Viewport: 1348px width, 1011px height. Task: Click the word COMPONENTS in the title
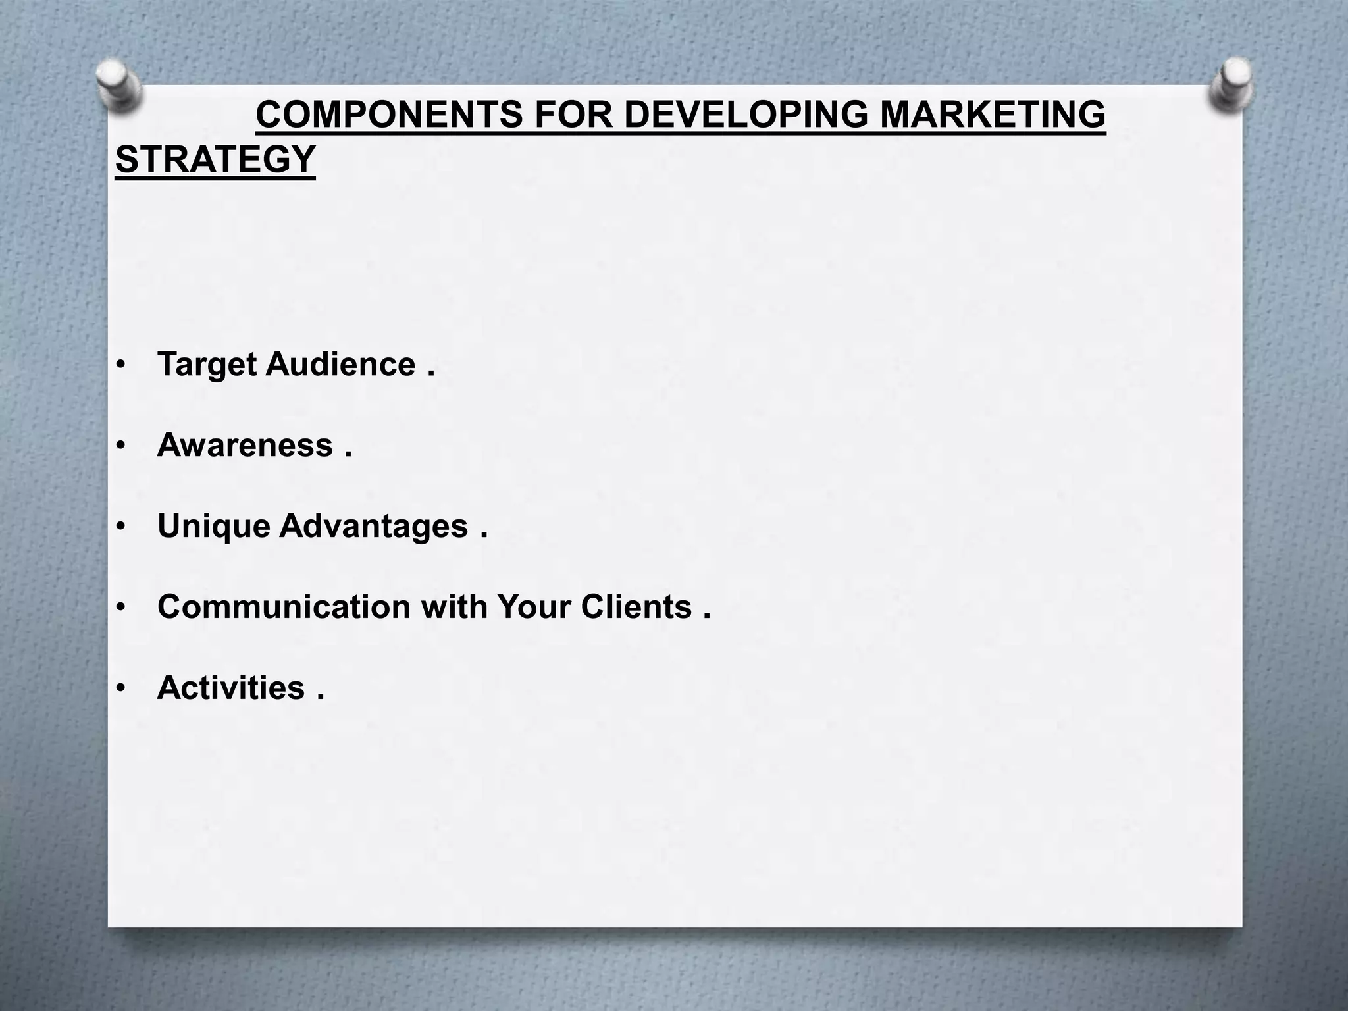coord(390,115)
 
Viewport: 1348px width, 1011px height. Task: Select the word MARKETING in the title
coord(993,115)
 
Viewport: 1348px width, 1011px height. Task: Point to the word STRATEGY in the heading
coord(215,159)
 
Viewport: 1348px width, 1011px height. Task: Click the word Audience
coord(341,364)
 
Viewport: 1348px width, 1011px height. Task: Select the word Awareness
coord(245,445)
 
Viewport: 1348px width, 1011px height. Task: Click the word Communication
coord(284,606)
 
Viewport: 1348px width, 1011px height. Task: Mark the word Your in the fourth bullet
coord(534,606)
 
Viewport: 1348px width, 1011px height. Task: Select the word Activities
coord(231,688)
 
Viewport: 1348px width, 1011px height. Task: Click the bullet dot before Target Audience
coord(120,366)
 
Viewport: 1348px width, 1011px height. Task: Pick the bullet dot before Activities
coord(120,689)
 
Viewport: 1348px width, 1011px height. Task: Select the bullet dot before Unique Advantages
coord(120,527)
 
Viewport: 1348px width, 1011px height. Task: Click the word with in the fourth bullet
coord(454,606)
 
